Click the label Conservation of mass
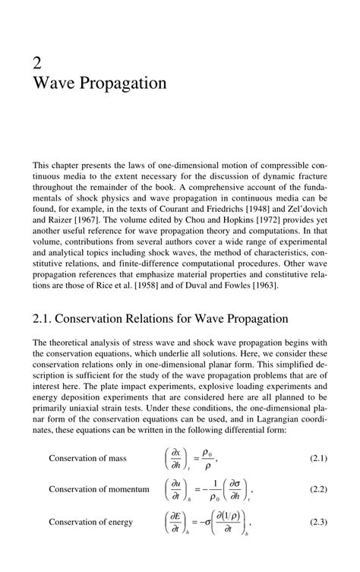click(87, 458)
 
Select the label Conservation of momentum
click(99, 489)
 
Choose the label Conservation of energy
click(90, 522)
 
